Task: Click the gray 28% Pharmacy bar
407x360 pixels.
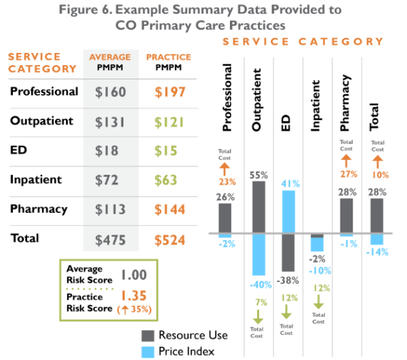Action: point(346,216)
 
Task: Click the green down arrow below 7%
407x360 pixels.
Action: point(258,317)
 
